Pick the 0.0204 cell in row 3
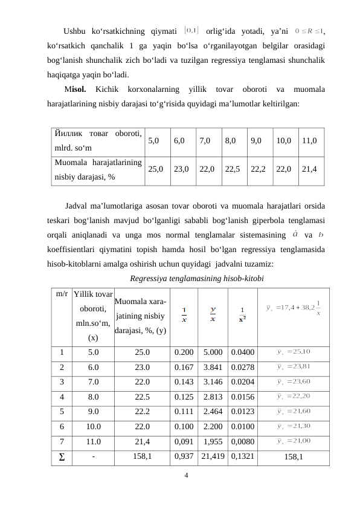tap(242, 381)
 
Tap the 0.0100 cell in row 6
tap(242, 425)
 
